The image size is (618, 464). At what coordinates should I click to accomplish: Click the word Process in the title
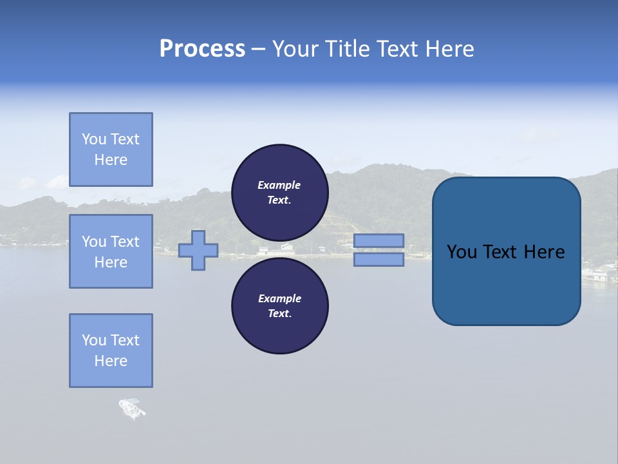tap(202, 49)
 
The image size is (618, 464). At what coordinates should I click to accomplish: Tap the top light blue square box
tap(111, 150)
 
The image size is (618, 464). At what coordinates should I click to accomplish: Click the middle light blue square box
tap(111, 251)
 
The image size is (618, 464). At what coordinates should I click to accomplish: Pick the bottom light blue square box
tap(111, 351)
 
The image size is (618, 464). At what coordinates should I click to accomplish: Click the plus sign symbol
tap(198, 251)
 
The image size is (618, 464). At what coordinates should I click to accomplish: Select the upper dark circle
tap(279, 192)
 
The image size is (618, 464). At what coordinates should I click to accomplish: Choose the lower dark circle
tap(279, 305)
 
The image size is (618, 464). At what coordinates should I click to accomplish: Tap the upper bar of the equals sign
tap(379, 241)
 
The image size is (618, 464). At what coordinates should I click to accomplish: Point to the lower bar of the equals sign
tap(379, 259)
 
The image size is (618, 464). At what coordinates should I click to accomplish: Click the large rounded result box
tap(506, 251)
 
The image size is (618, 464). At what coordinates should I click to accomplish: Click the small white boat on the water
tap(131, 409)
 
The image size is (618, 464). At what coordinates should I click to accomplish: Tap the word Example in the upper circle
tap(279, 185)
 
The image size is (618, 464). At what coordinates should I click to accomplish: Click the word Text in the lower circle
tap(279, 313)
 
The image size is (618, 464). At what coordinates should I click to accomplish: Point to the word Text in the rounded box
tap(500, 252)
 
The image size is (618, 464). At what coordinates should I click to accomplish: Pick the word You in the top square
tap(93, 139)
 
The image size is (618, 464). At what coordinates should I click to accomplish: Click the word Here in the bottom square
tap(111, 361)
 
